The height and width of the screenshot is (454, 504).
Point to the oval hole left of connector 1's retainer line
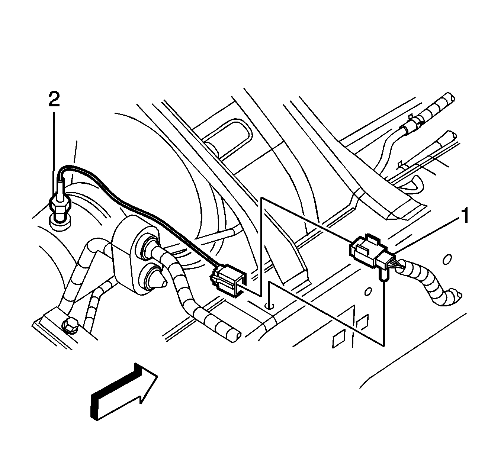click(368, 292)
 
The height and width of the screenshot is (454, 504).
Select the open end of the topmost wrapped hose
click(450, 97)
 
